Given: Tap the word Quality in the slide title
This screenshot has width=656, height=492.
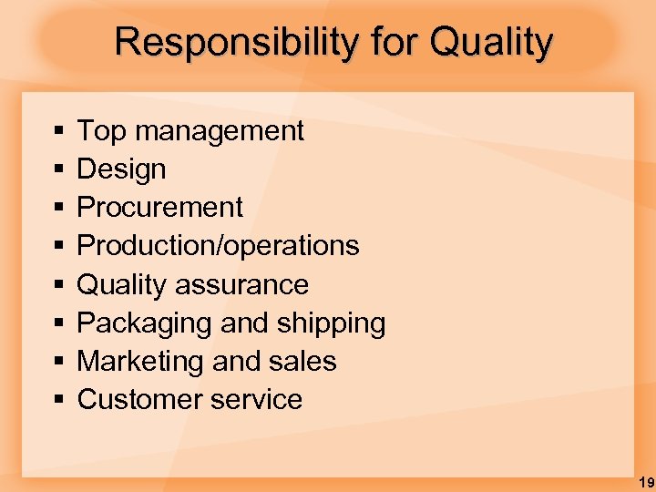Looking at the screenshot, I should (x=491, y=43).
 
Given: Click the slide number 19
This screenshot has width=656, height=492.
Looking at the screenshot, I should (x=645, y=481).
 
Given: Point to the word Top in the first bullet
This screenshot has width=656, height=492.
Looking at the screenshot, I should (x=101, y=131).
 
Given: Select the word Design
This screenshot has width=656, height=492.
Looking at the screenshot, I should (x=121, y=169).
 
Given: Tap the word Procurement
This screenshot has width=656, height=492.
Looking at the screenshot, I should (x=159, y=208).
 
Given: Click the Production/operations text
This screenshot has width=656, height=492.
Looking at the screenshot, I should (x=218, y=246).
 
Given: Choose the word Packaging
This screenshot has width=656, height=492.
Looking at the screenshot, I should (x=135, y=323).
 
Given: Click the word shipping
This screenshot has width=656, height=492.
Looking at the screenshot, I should (x=334, y=323).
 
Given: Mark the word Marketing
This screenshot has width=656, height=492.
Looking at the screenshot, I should (x=135, y=362).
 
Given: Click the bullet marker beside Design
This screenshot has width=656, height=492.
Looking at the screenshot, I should (x=58, y=170).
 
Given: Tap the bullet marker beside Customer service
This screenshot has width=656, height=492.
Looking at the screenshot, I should (x=58, y=401).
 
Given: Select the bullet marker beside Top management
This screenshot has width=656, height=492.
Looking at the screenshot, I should (x=58, y=132).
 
